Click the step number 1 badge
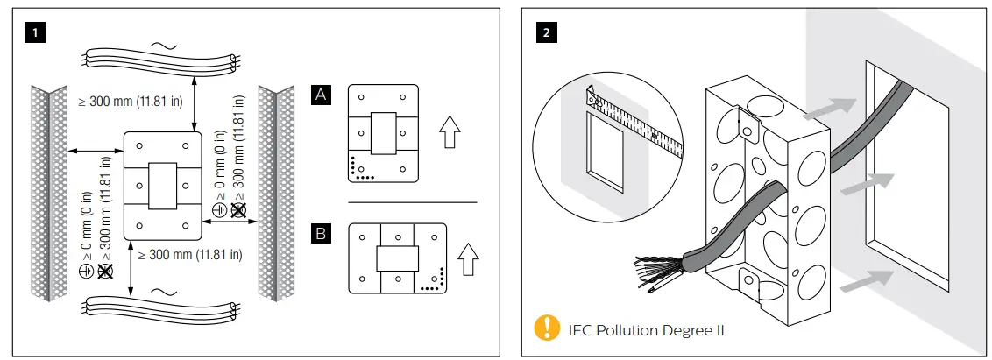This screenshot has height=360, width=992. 36,34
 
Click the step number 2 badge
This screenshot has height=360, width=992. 547,34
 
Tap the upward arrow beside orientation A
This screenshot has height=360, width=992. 450,134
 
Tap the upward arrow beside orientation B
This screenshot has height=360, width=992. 471,260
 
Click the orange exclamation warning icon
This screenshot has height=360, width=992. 546,329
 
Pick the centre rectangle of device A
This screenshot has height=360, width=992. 384,133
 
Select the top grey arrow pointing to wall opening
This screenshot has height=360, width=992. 828,106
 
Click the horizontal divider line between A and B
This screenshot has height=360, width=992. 412,202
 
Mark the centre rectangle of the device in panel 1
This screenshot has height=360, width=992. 163,185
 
